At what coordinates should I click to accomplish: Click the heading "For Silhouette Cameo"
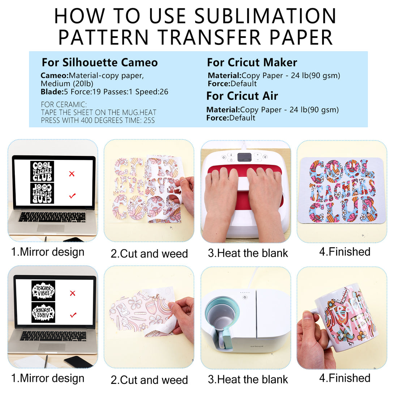99,62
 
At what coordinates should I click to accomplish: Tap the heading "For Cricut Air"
242,96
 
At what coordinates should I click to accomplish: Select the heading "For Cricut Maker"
252,62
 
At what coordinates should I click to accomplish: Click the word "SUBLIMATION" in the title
265,16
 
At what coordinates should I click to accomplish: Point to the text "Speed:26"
152,92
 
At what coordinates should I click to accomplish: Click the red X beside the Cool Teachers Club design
72,174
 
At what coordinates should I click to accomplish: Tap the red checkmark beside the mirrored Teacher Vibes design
73,314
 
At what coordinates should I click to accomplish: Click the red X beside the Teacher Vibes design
73,293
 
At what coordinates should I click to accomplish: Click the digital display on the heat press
244,157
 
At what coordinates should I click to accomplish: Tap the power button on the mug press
245,297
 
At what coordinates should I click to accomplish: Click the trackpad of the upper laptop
51,228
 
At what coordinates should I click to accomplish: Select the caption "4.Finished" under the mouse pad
345,252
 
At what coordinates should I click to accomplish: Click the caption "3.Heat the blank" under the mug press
248,380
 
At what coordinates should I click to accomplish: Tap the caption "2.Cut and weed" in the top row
149,253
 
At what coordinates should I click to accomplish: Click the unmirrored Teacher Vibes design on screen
43,291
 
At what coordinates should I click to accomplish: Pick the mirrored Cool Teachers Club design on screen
42,193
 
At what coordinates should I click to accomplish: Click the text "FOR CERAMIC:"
64,104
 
